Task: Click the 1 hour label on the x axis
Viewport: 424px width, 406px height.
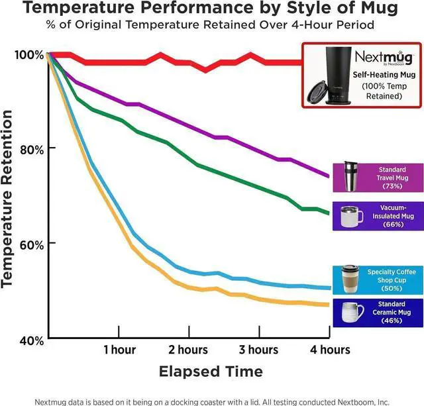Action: [x=119, y=349]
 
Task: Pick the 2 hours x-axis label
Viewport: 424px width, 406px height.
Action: [x=188, y=349]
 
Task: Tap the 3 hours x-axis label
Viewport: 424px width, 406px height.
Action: [x=258, y=349]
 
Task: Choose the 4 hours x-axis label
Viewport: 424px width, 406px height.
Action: [x=329, y=349]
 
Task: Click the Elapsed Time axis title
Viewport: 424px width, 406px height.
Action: [x=211, y=371]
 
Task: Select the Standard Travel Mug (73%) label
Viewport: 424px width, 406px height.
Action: [x=393, y=178]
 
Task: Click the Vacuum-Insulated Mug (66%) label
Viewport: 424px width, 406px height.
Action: [x=393, y=217]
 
